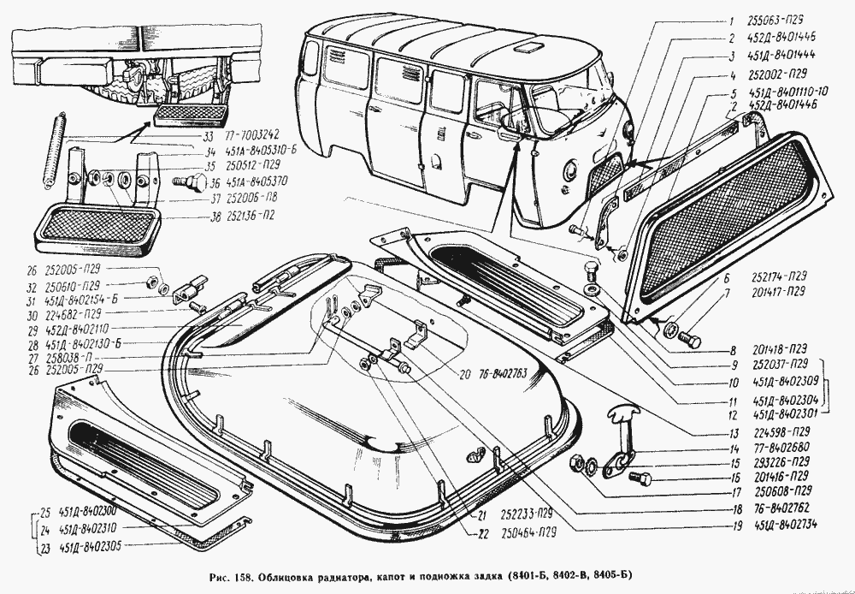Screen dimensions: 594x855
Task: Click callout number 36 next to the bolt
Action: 214,181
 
